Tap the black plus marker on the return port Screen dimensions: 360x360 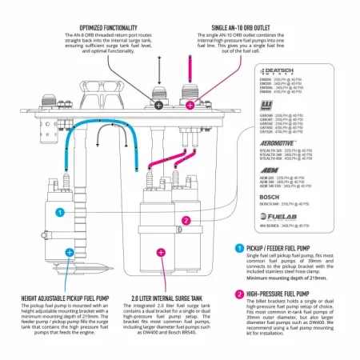tap(159, 105)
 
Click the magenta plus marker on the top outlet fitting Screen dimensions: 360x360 tap(190, 105)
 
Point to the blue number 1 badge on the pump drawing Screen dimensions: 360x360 tap(59, 213)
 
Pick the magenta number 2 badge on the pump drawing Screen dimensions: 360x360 tap(186, 221)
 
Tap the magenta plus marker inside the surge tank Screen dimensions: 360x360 tap(161, 252)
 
